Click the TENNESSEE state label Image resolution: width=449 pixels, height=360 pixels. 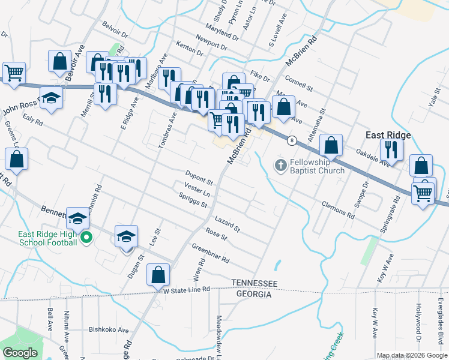coord(255,283)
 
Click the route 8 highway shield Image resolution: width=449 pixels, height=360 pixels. coord(292,140)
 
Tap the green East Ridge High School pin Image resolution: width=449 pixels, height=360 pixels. coord(86,237)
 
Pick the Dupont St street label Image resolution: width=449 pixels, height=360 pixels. coord(199,178)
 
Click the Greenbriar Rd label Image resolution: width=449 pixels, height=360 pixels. coord(211,253)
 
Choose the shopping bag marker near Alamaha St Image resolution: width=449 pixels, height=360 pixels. coord(331,145)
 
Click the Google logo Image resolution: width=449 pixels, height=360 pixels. coord(20,353)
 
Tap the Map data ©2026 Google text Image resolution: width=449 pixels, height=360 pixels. coord(412,355)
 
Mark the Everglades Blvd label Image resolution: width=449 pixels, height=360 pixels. coord(439,321)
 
